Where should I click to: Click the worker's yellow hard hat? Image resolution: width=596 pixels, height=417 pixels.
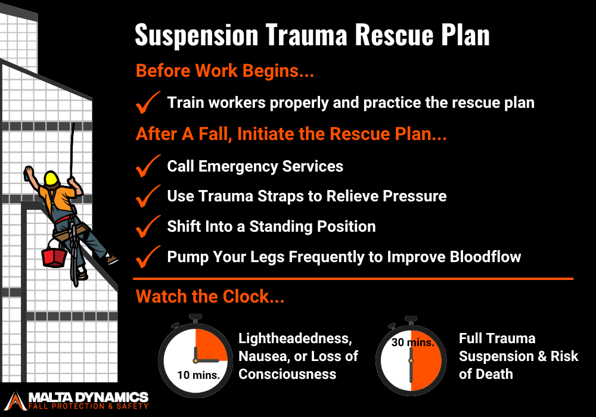[51, 178]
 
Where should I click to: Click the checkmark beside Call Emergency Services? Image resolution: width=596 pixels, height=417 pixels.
[148, 166]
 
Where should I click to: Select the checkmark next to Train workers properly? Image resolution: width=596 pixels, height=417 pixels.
[148, 102]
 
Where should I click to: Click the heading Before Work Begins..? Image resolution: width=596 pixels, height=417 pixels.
[225, 71]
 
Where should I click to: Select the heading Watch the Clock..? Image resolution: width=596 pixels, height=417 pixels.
[210, 297]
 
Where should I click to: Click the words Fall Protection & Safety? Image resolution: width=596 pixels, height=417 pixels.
[89, 406]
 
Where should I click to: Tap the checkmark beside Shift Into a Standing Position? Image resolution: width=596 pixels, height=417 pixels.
[148, 226]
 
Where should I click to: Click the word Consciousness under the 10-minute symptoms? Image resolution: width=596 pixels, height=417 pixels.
[287, 374]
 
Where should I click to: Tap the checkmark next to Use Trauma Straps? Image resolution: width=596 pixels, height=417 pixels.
[148, 196]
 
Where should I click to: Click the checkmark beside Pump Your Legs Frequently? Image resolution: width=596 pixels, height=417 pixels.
[148, 257]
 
